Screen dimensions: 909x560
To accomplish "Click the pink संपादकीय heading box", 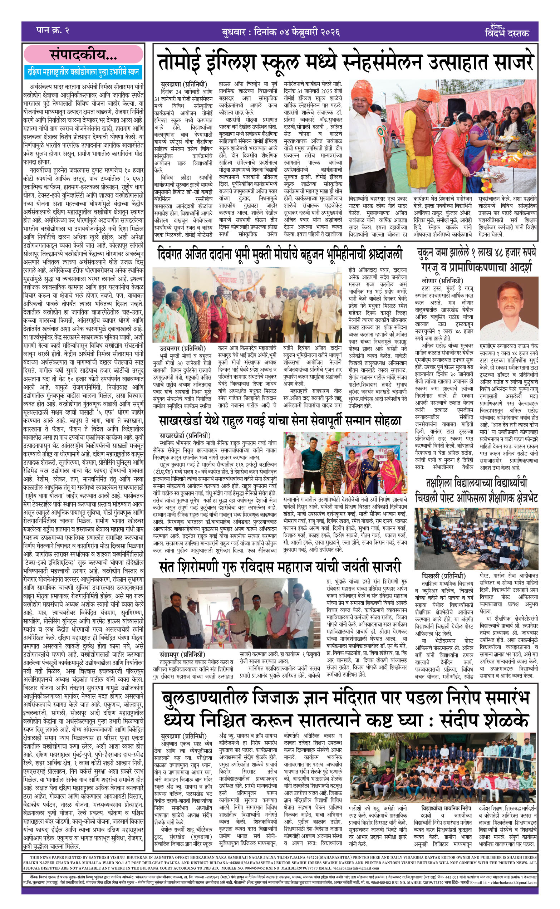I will (x=84, y=54).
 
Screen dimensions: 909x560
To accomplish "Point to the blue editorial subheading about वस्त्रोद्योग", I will (x=83, y=72).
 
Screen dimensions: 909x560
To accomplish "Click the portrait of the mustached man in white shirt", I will (x=509, y=308).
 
